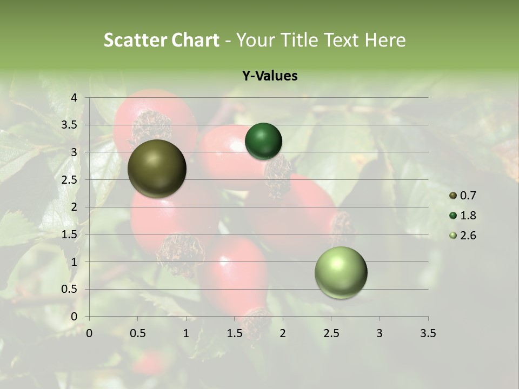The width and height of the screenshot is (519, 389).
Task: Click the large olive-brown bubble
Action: coord(157,169)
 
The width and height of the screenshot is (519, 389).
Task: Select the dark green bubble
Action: coord(263,141)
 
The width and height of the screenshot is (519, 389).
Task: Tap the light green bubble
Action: coord(341,272)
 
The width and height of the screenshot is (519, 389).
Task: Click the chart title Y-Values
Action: coord(269,76)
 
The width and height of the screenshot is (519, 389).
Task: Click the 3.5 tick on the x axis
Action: coord(428,333)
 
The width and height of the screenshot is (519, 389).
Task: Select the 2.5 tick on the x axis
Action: coord(331,333)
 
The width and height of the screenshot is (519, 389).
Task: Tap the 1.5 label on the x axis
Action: coord(234,333)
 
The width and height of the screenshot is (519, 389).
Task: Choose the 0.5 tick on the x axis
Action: coord(137,333)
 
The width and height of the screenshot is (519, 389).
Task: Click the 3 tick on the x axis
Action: coord(380,333)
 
